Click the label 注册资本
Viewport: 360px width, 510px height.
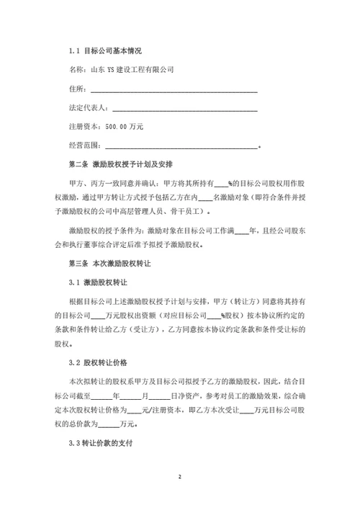(x=81, y=127)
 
